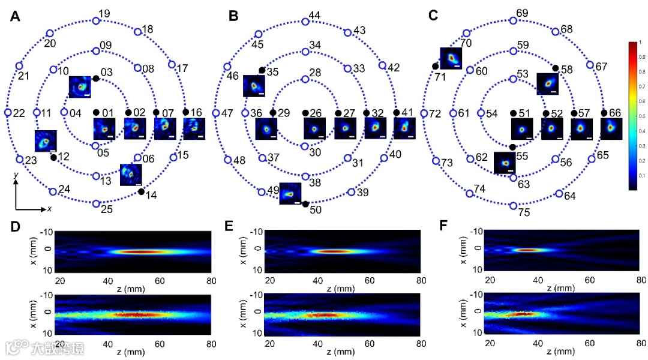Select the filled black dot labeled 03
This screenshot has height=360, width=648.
point(96,79)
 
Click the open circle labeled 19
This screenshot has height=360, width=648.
point(96,21)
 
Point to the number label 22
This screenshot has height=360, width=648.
point(19,113)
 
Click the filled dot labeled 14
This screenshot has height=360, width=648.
point(140,191)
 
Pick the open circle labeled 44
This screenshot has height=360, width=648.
point(305,21)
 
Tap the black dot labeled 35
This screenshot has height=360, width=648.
point(262,71)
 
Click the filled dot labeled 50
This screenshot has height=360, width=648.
point(305,205)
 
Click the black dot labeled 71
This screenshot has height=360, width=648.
point(434,65)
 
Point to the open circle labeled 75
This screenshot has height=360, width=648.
point(513,205)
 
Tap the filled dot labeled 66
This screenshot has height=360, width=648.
point(604,113)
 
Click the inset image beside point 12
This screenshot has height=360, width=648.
point(46,141)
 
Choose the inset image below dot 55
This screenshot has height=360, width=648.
point(505,163)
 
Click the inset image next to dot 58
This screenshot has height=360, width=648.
point(547,83)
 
